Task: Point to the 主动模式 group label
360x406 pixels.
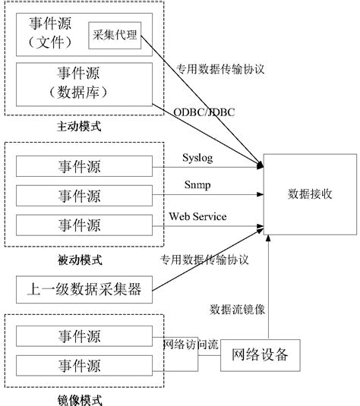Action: (x=79, y=127)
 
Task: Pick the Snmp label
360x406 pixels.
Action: (x=197, y=186)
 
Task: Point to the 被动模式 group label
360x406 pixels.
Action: (x=79, y=261)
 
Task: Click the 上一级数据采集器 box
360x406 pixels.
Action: (x=84, y=288)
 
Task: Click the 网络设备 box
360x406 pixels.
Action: (x=265, y=354)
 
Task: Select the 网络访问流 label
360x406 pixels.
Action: (x=191, y=344)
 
